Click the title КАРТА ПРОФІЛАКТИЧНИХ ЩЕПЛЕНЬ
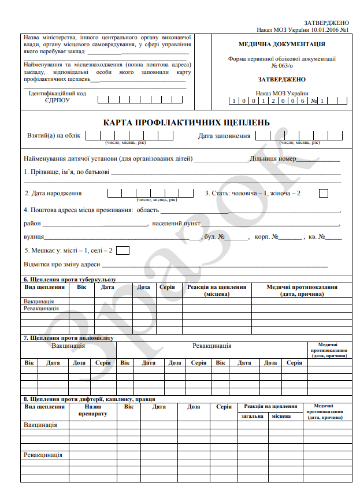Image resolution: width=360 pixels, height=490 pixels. pos(186,122)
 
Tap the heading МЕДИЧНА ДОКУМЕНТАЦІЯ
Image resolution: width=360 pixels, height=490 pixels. pos(281,44)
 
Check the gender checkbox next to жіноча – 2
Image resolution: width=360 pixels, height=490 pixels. pos(324,193)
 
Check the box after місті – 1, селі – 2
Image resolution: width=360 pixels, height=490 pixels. pos(123,250)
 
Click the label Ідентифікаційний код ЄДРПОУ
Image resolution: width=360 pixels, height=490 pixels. pos(58,96)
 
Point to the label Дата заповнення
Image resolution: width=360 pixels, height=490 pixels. pos(224,136)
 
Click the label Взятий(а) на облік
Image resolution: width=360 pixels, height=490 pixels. pos(54,136)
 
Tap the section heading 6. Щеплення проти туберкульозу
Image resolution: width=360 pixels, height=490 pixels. pos(70,279)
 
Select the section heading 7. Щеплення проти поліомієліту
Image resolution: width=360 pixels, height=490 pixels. pos(69,337)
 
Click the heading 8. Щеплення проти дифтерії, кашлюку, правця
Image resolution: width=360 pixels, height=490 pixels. pos(89,399)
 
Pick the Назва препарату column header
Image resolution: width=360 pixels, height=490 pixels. pos(92,410)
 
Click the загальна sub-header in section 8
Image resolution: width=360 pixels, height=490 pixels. pos(253,416)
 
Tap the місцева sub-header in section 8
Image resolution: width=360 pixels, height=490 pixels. pos(281,416)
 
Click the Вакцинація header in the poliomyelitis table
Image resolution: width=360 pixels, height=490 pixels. pos(68,346)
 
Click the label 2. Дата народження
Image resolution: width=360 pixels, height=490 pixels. pos(53,193)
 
